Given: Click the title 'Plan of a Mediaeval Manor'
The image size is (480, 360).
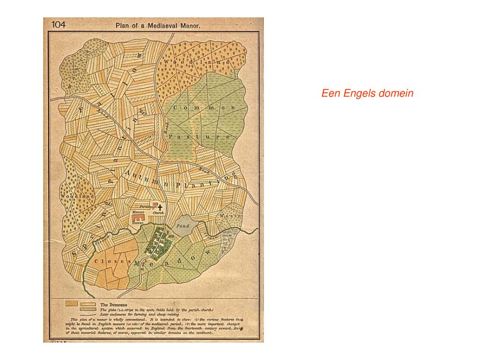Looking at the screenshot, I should pyautogui.click(x=158, y=27).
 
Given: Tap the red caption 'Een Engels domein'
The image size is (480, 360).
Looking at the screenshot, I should pyautogui.click(x=367, y=93).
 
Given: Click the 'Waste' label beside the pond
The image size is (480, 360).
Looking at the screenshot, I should pyautogui.click(x=230, y=216).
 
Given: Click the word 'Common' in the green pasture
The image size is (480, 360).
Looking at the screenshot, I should pyautogui.click(x=204, y=108).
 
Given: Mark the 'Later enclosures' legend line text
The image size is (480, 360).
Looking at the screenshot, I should pyautogui.click(x=133, y=315).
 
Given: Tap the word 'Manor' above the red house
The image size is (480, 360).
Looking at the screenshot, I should pyautogui.click(x=138, y=212).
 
